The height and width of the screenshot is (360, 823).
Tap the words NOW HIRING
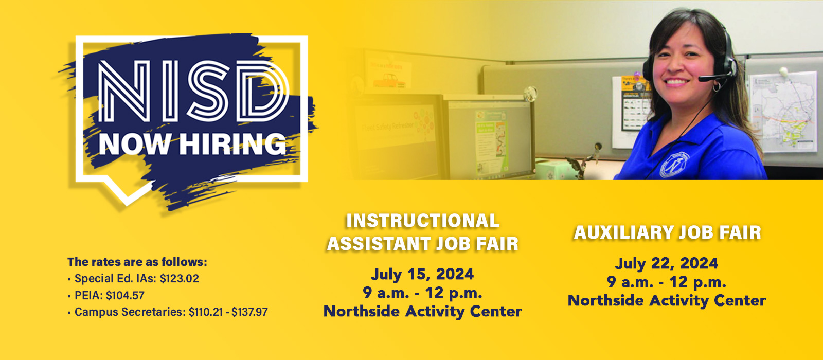click(x=192, y=144)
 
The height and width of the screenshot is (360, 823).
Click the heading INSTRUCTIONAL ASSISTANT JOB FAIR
click(x=422, y=232)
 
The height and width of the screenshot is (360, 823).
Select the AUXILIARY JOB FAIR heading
click(x=667, y=232)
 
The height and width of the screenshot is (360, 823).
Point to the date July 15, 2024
click(x=422, y=274)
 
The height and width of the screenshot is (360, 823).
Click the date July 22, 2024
click(x=667, y=263)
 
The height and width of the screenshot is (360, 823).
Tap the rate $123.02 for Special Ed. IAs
click(x=179, y=279)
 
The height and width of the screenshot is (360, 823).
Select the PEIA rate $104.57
click(x=125, y=296)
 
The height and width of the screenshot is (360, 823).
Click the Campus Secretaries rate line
click(x=171, y=312)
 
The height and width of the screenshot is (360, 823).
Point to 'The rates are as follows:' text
click(x=137, y=262)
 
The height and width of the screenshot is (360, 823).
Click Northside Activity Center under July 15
click(x=422, y=311)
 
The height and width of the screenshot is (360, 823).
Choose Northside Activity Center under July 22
click(x=667, y=300)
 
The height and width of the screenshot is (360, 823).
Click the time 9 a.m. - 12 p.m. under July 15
click(x=422, y=293)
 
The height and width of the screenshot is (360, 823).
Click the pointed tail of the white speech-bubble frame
click(x=125, y=197)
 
